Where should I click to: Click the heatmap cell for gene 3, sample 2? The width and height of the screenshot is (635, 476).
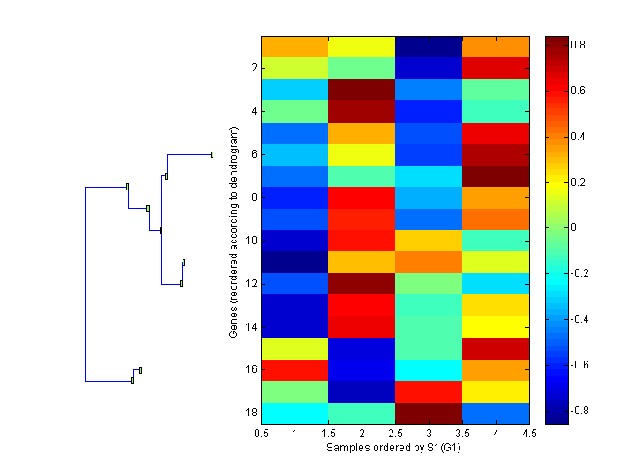pyautogui.click(x=362, y=90)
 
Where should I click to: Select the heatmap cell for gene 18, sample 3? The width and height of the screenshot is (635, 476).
pyautogui.click(x=429, y=413)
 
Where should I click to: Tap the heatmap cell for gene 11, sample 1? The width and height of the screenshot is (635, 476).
pyautogui.click(x=295, y=263)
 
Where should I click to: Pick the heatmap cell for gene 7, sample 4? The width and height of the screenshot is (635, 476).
pyautogui.click(x=496, y=176)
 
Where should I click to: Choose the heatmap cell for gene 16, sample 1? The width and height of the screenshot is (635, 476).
pyautogui.click(x=295, y=370)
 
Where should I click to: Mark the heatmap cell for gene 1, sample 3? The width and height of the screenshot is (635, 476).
pyautogui.click(x=429, y=47)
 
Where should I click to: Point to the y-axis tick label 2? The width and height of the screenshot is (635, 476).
pyautogui.click(x=253, y=68)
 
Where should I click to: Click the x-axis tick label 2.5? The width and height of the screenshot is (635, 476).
pyautogui.click(x=395, y=434)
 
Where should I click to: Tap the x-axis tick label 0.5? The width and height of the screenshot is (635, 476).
pyautogui.click(x=261, y=434)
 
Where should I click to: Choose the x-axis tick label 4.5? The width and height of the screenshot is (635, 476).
pyautogui.click(x=529, y=434)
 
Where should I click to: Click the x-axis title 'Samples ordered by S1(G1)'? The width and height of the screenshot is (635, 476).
pyautogui.click(x=395, y=448)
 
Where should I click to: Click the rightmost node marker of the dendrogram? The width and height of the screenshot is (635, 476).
pyautogui.click(x=213, y=154)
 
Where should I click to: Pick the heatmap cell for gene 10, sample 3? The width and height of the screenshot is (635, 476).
pyautogui.click(x=429, y=241)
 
